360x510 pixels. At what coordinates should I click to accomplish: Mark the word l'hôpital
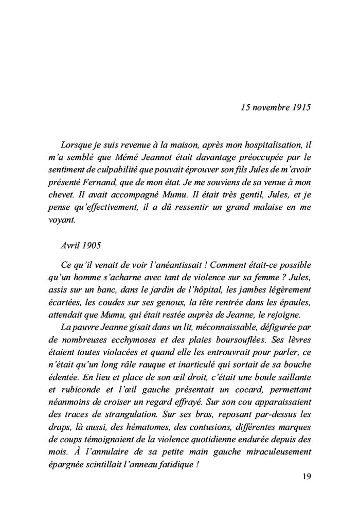pos(223,291)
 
